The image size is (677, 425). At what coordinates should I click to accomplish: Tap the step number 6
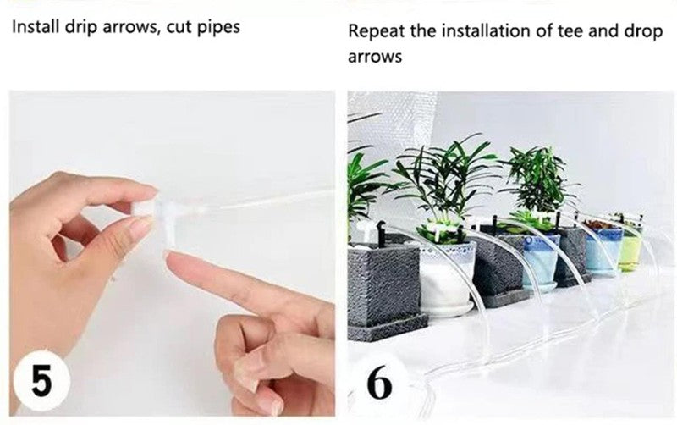pos(379,382)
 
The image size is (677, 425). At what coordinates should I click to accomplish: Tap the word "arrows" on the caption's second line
pos(374,58)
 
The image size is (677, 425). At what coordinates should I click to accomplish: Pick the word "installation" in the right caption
pos(469,34)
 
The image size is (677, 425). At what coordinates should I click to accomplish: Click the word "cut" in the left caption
pos(184,27)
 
